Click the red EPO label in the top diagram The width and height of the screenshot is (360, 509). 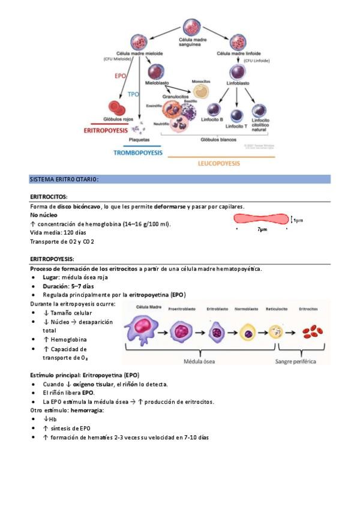point(120,77)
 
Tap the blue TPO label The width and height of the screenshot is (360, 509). point(134,94)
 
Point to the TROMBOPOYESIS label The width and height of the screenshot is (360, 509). point(138,153)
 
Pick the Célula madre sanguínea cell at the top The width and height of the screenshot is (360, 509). point(190,28)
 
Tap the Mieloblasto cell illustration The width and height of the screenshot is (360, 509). point(156,70)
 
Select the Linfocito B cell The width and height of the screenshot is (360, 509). point(215,110)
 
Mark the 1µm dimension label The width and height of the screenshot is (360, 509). point(298,220)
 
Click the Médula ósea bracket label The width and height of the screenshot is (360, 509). point(198,361)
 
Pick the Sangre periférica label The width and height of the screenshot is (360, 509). point(299,361)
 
